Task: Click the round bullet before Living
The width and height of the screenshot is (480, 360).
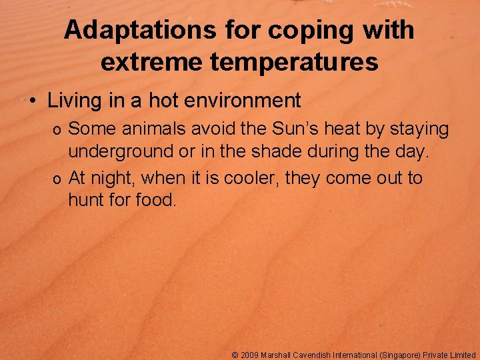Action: [x=32, y=102]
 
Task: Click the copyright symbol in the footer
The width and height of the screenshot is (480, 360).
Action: [x=235, y=355]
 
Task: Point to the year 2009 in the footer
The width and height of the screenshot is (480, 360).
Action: [x=250, y=355]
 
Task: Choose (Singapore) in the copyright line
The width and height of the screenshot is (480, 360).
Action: [x=404, y=355]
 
